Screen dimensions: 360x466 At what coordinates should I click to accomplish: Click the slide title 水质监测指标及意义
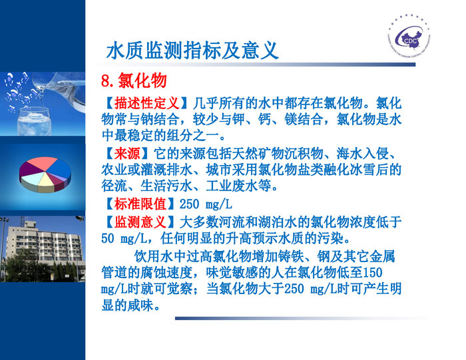(x=192, y=51)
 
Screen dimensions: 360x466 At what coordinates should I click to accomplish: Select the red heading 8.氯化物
(x=133, y=81)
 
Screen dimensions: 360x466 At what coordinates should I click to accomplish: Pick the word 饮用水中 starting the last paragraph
(x=160, y=256)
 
